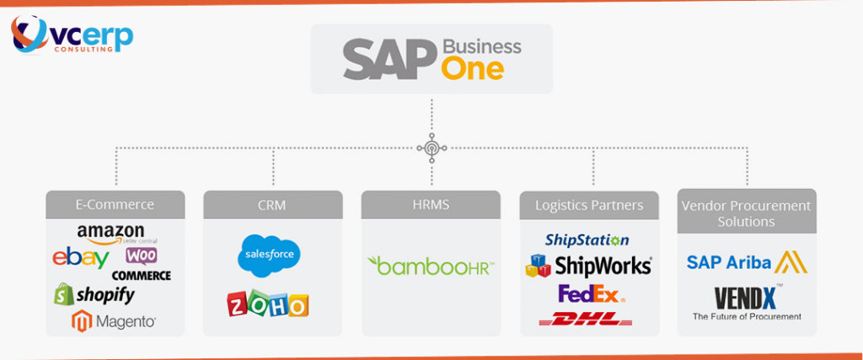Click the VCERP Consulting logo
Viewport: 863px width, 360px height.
(71, 36)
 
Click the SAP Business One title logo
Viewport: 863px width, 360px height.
(431, 57)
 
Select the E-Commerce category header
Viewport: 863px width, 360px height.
(115, 204)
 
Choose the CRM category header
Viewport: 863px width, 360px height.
(273, 204)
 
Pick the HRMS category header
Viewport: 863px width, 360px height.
(431, 204)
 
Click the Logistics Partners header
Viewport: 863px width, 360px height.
(589, 204)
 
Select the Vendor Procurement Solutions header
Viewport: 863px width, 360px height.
(747, 212)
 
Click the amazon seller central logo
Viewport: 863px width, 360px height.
(111, 233)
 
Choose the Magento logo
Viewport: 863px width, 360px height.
(114, 321)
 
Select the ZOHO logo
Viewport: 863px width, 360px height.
(268, 304)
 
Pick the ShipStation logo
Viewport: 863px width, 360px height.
(587, 240)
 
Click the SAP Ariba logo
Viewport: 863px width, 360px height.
(746, 262)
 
